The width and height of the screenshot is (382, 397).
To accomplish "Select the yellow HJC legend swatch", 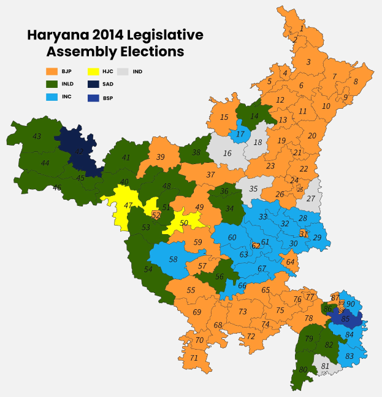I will tap(94, 72).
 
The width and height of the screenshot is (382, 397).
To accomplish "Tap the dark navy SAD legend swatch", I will tap(94, 85).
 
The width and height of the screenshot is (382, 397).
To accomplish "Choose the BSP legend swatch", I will tap(94, 98).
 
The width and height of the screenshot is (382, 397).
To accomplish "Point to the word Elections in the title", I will tap(150, 52).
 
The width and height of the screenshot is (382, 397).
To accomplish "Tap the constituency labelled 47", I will tap(128, 205).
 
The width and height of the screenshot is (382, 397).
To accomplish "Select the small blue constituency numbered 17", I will tap(240, 134).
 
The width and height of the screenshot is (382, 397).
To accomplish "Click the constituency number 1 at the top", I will tap(302, 28).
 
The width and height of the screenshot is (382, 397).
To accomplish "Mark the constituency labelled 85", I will tap(345, 319).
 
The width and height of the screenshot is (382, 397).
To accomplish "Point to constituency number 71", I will tap(194, 358).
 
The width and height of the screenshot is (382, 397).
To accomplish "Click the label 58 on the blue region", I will tap(174, 260).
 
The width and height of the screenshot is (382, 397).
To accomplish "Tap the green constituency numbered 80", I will tap(303, 369).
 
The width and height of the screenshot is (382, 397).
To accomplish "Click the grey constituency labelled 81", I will tap(325, 366).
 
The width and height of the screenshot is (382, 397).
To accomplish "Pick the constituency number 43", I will tap(37, 136).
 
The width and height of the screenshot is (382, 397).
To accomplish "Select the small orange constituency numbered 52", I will tap(156, 215).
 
